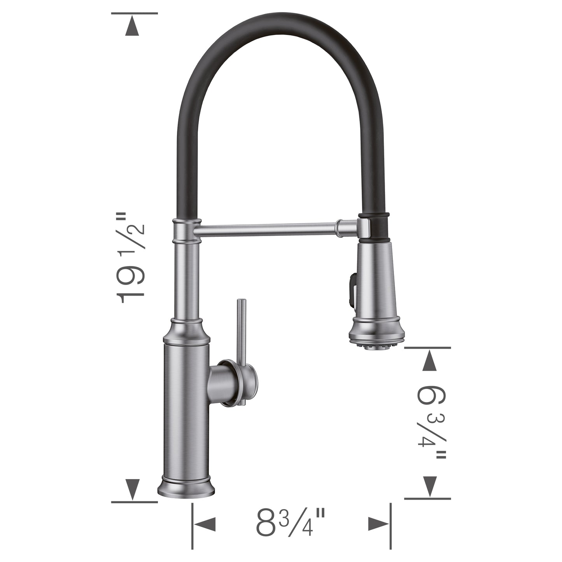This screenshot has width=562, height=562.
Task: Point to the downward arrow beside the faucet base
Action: point(132,489)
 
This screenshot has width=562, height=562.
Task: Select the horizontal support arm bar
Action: point(268,229)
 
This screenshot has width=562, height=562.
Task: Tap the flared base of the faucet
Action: point(186,488)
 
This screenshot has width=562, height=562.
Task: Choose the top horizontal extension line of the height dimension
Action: point(134,13)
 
